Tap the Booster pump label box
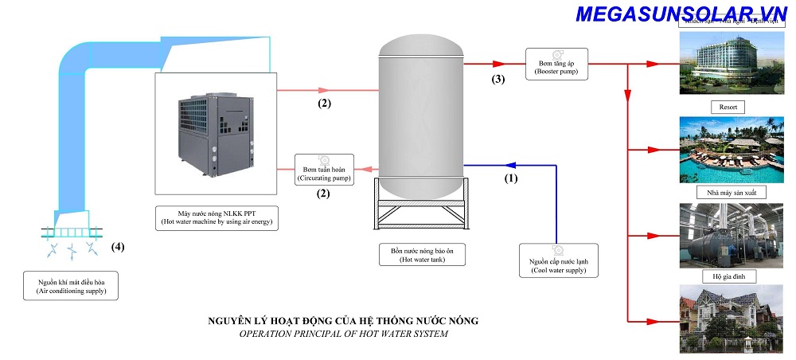point(556,64)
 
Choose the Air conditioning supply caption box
point(71,288)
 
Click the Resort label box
point(728,106)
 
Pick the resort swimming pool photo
point(729,151)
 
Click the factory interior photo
point(729,235)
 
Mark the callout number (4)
point(118,245)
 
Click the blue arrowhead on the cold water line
point(507,165)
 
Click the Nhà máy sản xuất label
point(728,193)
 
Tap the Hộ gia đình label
point(728,276)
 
